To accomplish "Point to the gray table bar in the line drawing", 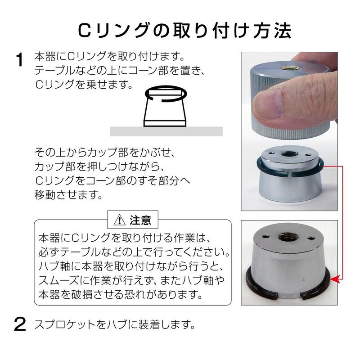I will click(166, 131).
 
